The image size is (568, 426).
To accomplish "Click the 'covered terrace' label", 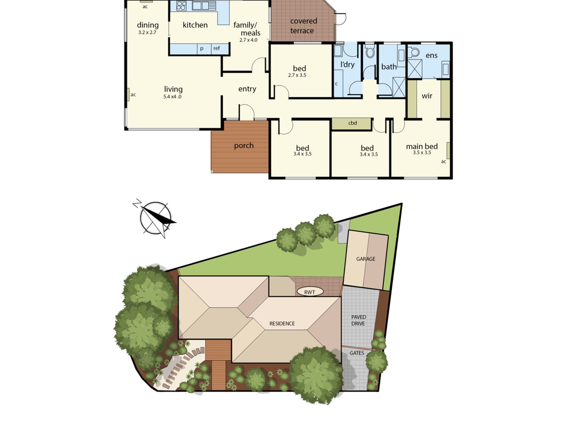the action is coord(303,26).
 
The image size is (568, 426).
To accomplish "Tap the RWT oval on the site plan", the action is coord(310,292).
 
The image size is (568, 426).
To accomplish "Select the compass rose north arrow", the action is coord(155,218).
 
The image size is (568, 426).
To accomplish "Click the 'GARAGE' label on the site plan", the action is coord(366,259).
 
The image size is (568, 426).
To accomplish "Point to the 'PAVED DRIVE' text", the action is coord(358,320).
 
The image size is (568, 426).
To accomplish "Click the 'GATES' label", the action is coord(357,353).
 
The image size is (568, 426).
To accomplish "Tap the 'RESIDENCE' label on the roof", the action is coord(282,323).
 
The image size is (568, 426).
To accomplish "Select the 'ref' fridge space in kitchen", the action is coord(220,49).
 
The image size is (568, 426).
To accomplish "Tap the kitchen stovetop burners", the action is coord(181,6).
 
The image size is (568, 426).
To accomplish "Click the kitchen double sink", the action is coord(204,6).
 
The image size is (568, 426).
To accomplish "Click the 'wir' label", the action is coord(427,96).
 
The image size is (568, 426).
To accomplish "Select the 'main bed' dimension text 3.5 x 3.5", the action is coord(422,153).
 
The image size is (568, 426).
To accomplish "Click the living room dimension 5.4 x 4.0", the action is coord(172,97).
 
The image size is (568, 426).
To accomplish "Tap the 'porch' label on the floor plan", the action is coord(244,146).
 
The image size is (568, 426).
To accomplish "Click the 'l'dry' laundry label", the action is coord(347,64).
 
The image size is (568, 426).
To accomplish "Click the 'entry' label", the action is coord(247,89).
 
